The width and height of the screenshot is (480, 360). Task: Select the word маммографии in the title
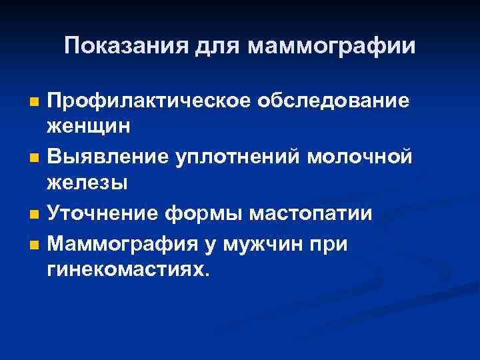[331, 46]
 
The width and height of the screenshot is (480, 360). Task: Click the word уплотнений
[241, 158]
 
